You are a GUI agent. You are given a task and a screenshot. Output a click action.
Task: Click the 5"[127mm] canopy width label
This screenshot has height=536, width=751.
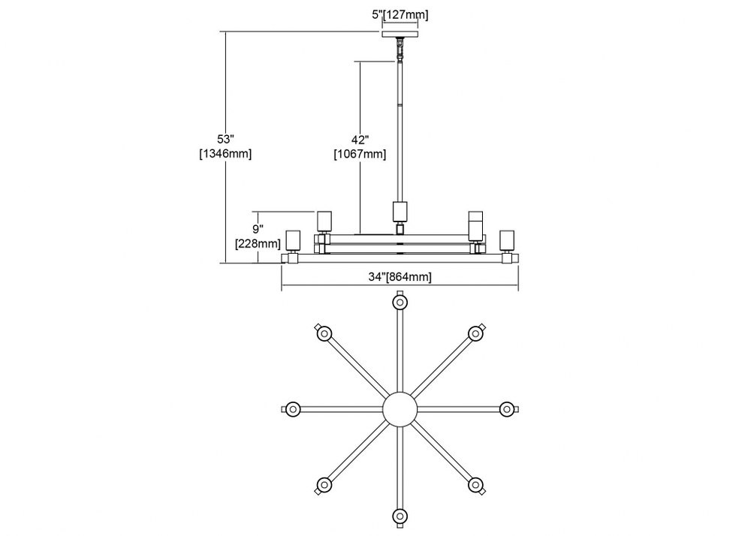[x=400, y=15]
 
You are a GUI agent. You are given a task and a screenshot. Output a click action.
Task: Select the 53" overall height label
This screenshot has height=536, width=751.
[x=225, y=140]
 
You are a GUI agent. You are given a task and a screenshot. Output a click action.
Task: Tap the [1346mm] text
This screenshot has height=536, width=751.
[x=225, y=154]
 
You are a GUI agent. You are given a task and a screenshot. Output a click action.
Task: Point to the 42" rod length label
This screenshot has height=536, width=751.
[x=360, y=140]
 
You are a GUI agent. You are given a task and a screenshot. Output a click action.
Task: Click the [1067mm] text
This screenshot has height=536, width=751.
[x=360, y=154]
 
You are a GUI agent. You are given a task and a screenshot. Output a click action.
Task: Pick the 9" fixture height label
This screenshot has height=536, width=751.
[x=258, y=229]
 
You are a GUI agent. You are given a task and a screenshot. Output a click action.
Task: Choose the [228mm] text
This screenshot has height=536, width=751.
[x=258, y=243]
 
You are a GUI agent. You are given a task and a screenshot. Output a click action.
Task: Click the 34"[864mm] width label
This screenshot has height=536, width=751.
[x=400, y=276]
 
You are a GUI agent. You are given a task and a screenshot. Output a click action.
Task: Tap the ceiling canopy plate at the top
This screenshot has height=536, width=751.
[x=400, y=35]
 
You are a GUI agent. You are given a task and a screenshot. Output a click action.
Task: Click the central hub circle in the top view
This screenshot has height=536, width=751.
[x=400, y=409]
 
